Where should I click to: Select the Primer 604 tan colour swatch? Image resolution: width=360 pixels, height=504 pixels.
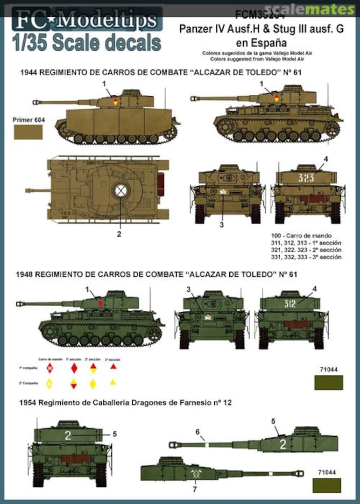click(28, 132)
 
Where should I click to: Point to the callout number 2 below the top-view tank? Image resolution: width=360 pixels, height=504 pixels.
click(119, 234)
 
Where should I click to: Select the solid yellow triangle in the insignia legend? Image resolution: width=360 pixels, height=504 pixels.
click(113, 383)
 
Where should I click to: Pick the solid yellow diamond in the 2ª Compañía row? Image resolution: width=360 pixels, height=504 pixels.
click(92, 384)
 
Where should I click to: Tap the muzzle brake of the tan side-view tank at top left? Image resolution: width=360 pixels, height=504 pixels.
click(35, 101)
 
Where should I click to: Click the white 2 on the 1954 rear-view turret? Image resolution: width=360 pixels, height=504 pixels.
click(68, 436)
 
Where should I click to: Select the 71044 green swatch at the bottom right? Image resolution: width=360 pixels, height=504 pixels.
click(328, 485)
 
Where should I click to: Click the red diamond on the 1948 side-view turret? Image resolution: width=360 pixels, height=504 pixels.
click(101, 303)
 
